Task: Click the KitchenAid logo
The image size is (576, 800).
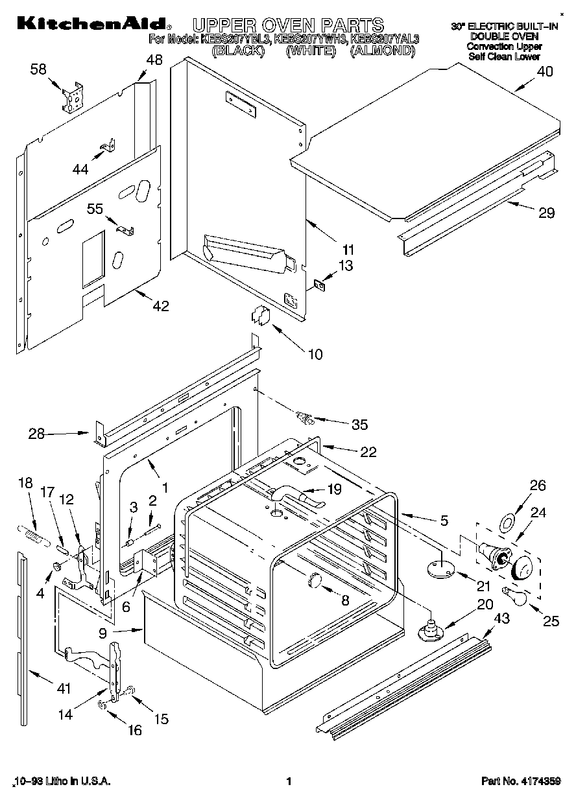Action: [x=91, y=24]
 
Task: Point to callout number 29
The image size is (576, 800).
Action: [x=546, y=213]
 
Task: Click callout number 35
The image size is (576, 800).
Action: [x=359, y=425]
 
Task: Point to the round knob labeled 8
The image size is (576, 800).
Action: [x=315, y=580]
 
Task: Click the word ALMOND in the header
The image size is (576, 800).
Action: [x=383, y=50]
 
